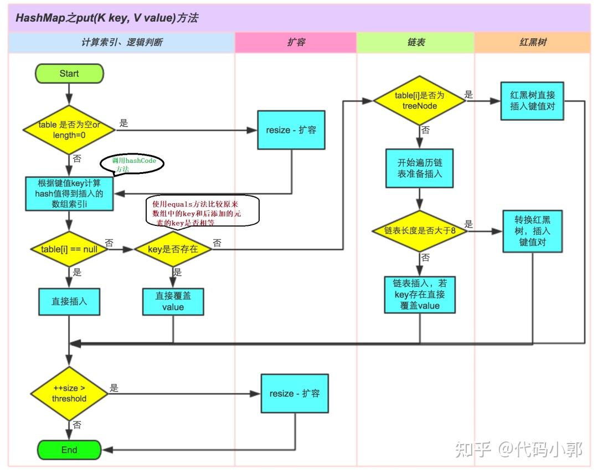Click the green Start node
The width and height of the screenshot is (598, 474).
(x=69, y=73)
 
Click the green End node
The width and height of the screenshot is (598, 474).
(x=69, y=450)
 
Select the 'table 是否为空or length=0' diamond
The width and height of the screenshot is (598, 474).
(x=69, y=130)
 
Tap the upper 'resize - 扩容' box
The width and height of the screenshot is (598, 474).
(x=291, y=130)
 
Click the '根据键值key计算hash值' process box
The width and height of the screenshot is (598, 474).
(x=69, y=194)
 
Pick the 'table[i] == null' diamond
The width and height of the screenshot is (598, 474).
(x=69, y=249)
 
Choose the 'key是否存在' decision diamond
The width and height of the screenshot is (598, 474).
(x=173, y=249)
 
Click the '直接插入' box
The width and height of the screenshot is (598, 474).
(x=69, y=302)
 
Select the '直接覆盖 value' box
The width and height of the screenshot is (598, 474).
(x=173, y=302)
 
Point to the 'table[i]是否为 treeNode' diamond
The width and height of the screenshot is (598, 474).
(x=419, y=100)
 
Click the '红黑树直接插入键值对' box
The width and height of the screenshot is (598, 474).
(x=532, y=101)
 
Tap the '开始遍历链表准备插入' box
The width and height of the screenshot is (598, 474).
(x=419, y=169)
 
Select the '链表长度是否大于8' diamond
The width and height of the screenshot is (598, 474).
(x=419, y=230)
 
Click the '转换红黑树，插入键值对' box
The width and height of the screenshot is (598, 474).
(x=532, y=231)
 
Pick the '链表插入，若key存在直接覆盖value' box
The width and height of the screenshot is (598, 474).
(x=419, y=295)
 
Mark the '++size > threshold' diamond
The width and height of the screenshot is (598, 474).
(x=69, y=394)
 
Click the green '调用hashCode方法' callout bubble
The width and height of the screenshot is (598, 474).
(x=133, y=164)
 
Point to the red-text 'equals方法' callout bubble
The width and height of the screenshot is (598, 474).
(x=202, y=212)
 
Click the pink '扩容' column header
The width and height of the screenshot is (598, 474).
(x=295, y=42)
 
